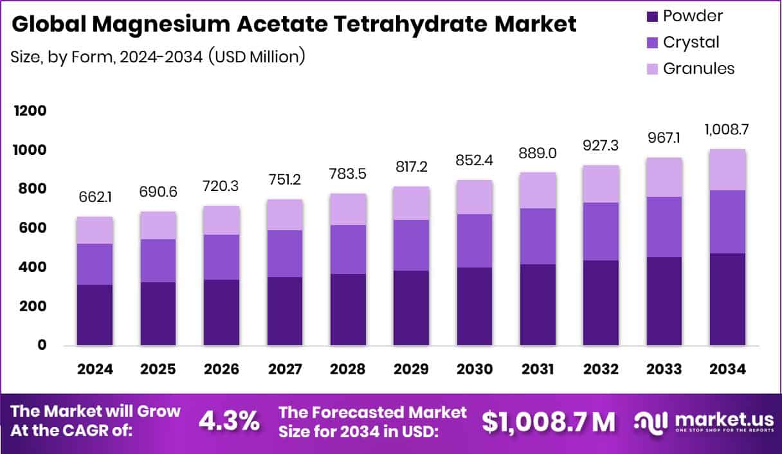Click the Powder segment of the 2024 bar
coord(95,315)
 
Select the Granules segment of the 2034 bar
coord(728,170)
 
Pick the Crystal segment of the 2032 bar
coord(601,232)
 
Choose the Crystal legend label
coord(691,42)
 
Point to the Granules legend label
coord(698,68)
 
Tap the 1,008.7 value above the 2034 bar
coord(728,129)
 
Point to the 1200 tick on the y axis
coord(30,111)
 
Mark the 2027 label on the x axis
coord(284,369)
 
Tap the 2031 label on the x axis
coord(538,369)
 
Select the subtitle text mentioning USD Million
coord(158,57)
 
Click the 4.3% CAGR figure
coord(230,421)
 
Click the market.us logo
coord(702,421)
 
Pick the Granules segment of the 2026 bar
coord(221,221)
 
